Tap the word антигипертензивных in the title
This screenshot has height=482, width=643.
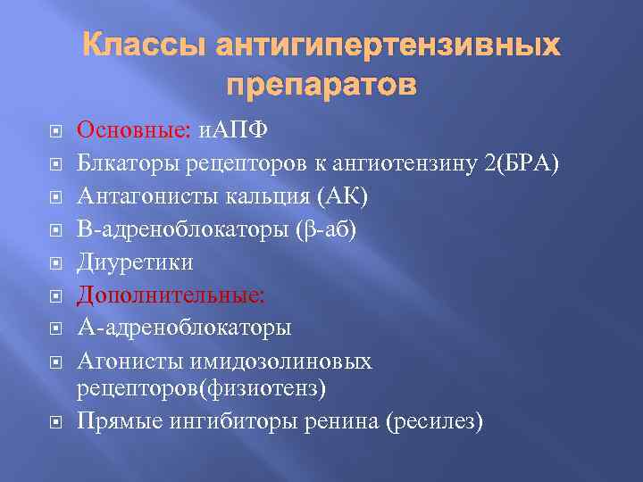[x=390, y=46]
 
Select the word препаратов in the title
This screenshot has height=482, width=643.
[x=321, y=87]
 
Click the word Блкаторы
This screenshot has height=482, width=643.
[x=127, y=163]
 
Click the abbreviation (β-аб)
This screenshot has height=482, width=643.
[x=324, y=229]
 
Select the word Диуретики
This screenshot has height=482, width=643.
[x=135, y=262]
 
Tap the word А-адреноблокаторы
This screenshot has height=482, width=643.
[x=184, y=328]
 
